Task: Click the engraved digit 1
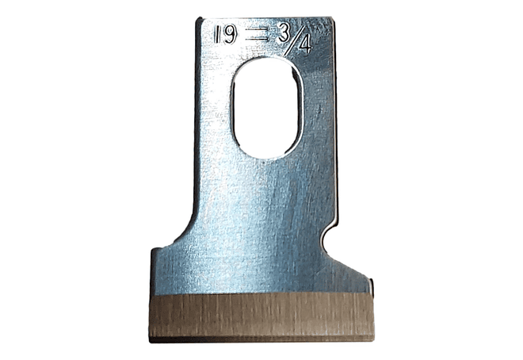217,35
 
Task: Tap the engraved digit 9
231,35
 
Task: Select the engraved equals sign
258,36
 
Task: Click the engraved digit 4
305,44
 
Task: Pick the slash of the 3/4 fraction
293,40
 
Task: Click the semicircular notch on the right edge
327,238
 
